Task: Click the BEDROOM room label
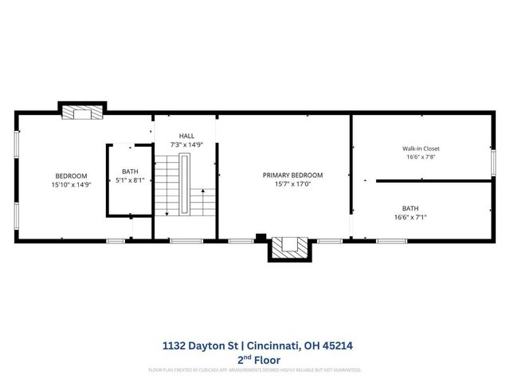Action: [x=71, y=176]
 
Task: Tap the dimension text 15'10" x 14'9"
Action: [x=71, y=184]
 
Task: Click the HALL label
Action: [x=186, y=136]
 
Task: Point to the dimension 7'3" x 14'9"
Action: [x=186, y=144]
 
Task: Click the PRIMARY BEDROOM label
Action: [x=292, y=176]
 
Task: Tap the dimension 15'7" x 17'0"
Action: [x=292, y=184]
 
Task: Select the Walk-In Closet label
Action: [x=420, y=148]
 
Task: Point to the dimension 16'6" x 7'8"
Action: [x=420, y=157]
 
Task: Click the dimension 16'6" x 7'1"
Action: [x=410, y=216]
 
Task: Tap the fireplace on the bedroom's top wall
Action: [x=83, y=112]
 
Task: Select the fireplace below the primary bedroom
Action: [x=288, y=248]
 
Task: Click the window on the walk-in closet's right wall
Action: [x=493, y=163]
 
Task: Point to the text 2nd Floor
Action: [x=254, y=359]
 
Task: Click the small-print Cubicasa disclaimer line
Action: [x=254, y=370]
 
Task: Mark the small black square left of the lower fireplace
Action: [x=261, y=237]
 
